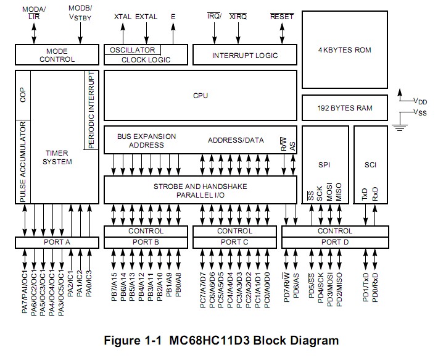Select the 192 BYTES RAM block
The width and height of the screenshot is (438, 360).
[344, 107]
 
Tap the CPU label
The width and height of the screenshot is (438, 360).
[200, 96]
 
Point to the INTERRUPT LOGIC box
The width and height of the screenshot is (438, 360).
[245, 55]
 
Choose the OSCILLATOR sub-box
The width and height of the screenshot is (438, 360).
[133, 50]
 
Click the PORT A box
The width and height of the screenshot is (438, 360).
[57, 242]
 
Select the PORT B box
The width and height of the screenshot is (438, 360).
[145, 242]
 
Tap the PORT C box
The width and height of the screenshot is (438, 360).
[234, 242]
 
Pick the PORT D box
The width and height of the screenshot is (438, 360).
[334, 242]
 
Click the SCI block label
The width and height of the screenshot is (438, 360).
[370, 165]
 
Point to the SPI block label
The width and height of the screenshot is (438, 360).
[324, 165]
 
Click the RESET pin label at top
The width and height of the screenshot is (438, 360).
[282, 17]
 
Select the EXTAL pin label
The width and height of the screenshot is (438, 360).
[146, 17]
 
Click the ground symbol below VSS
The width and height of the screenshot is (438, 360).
[402, 127]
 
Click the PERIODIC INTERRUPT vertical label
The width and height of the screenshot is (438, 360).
[91, 110]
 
